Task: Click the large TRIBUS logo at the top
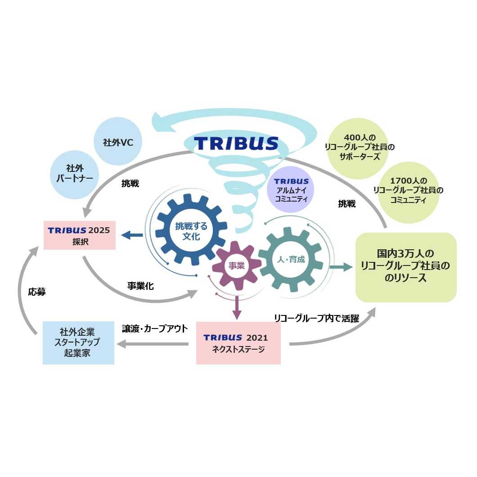coord(236,143)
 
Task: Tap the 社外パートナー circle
coord(74,174)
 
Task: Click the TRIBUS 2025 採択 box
coord(79,235)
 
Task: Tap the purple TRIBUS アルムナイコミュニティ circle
coord(291,189)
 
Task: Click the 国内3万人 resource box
coord(406,267)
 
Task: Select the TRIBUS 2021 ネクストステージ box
coord(238,342)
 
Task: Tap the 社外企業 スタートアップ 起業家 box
coord(79,342)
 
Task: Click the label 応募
coord(37,292)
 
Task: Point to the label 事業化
coord(140,286)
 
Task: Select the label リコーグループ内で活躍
coord(316,318)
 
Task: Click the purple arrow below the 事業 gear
coord(237,308)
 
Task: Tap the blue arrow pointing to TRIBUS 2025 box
coord(132,234)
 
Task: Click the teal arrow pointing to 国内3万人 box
coord(341,267)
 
